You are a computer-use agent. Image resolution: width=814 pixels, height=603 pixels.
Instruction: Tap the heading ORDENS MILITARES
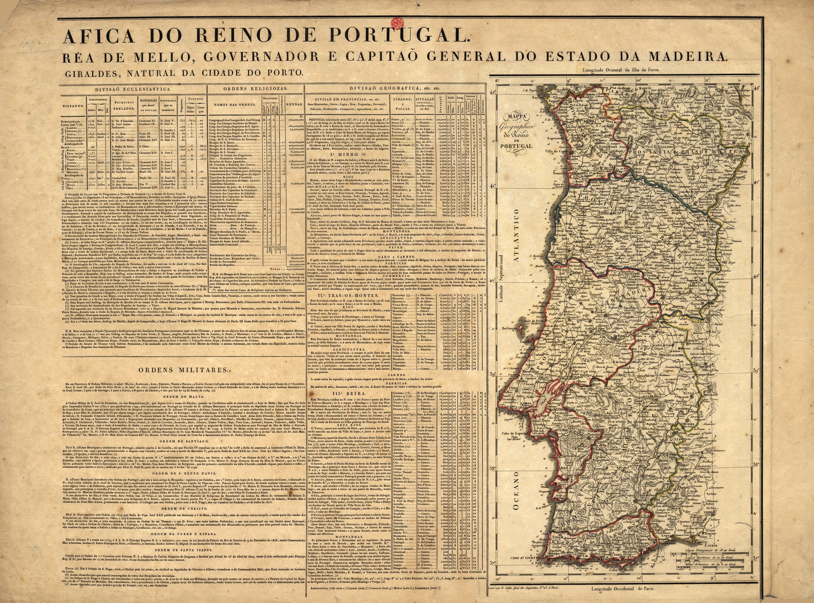click(183, 370)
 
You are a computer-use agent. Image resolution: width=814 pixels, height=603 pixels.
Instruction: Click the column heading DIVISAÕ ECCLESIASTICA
click(133, 89)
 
